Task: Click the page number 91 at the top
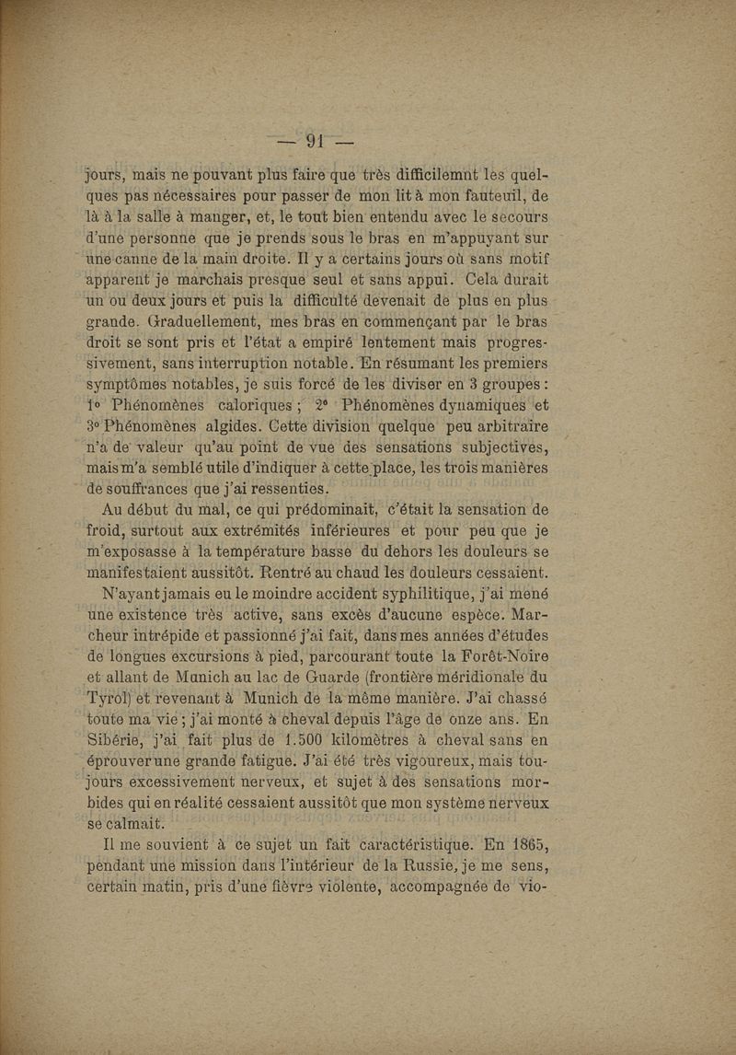pyautogui.click(x=317, y=141)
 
